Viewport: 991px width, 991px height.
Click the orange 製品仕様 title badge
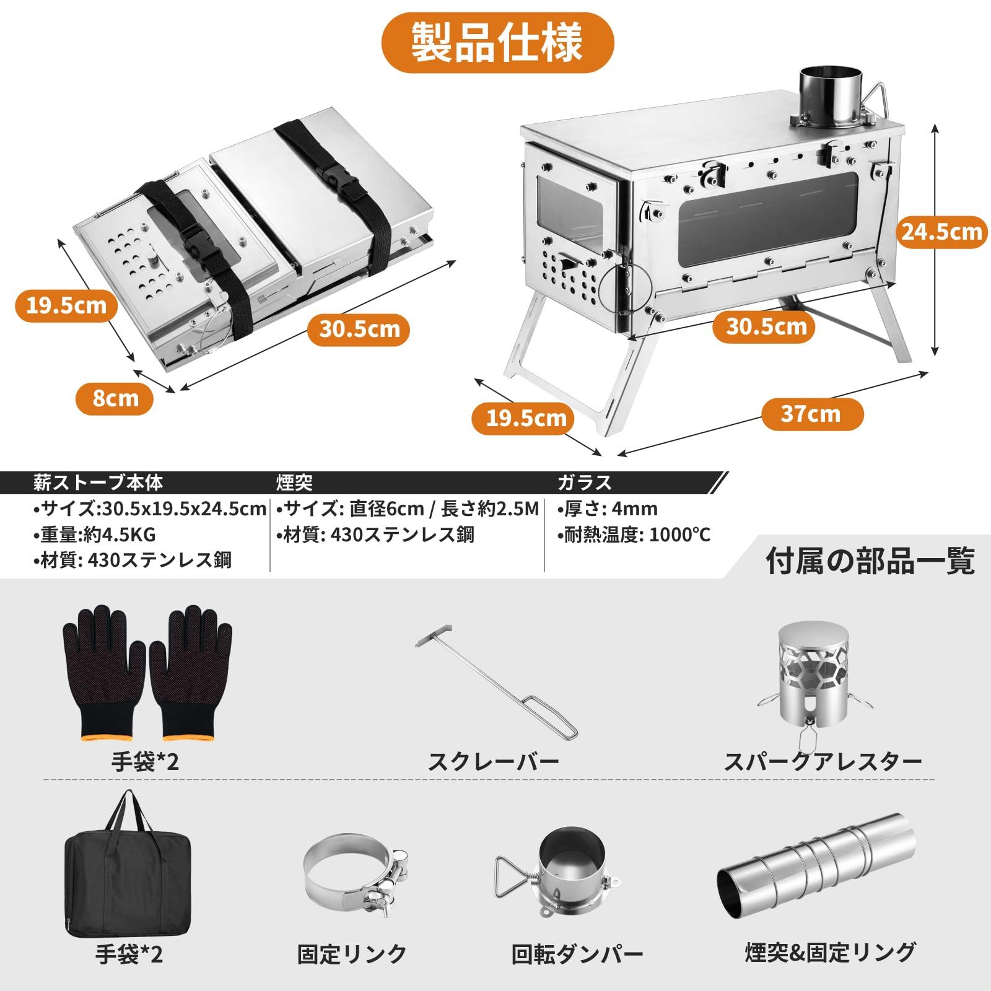click(497, 42)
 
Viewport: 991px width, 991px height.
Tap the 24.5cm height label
click(941, 232)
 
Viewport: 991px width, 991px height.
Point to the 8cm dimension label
click(115, 398)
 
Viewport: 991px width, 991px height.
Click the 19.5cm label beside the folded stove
click(66, 305)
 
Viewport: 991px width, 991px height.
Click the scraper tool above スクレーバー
click(495, 681)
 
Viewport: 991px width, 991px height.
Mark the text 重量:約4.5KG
click(95, 535)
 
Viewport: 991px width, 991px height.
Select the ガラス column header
click(584, 482)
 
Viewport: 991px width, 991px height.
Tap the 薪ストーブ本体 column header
click(98, 482)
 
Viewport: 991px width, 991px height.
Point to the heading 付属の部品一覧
click(870, 561)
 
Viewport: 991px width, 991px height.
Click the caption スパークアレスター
click(823, 761)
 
